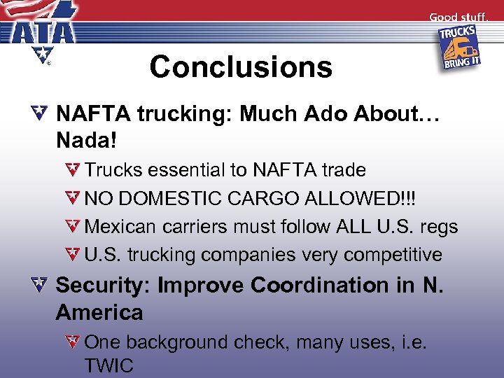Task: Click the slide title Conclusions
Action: coord(240,66)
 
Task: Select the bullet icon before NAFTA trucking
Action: coord(41,112)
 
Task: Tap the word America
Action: coord(99,312)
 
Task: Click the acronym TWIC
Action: coord(109,365)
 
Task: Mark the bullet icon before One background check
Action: coord(75,342)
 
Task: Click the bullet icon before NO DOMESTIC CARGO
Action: coord(75,198)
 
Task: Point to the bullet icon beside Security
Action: coord(41,285)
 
